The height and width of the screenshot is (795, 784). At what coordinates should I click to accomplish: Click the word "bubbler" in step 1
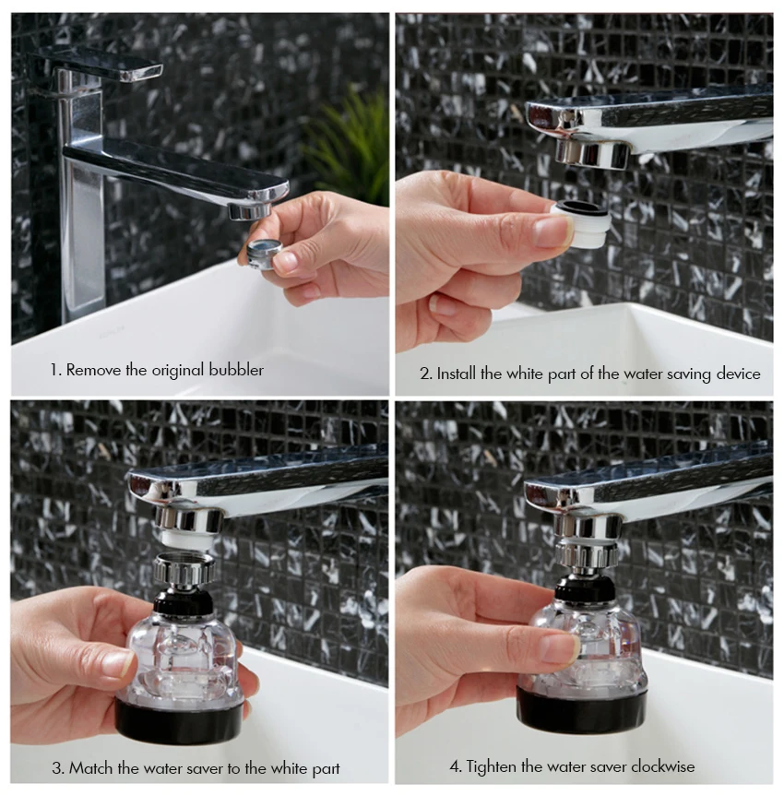point(236,370)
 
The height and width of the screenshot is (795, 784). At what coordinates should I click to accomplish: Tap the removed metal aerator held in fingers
point(265,252)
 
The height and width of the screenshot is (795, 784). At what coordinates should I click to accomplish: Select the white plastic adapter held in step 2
point(581,222)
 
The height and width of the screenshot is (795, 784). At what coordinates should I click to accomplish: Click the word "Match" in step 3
point(90,767)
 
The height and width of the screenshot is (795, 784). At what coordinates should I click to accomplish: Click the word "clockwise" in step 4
point(663,765)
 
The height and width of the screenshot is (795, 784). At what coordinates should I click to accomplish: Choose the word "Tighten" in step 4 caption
point(491,766)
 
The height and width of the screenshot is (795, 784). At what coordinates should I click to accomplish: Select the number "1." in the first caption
point(55,370)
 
